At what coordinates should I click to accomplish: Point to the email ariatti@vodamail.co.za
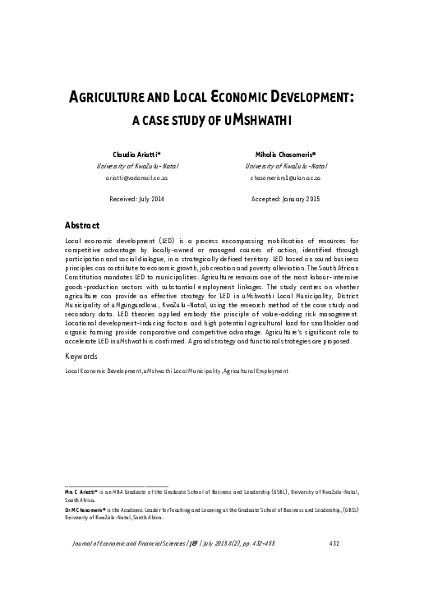(137, 177)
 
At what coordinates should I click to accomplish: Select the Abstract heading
(82, 225)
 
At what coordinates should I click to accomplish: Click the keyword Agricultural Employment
(256, 371)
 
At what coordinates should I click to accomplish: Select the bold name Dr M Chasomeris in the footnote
(86, 509)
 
